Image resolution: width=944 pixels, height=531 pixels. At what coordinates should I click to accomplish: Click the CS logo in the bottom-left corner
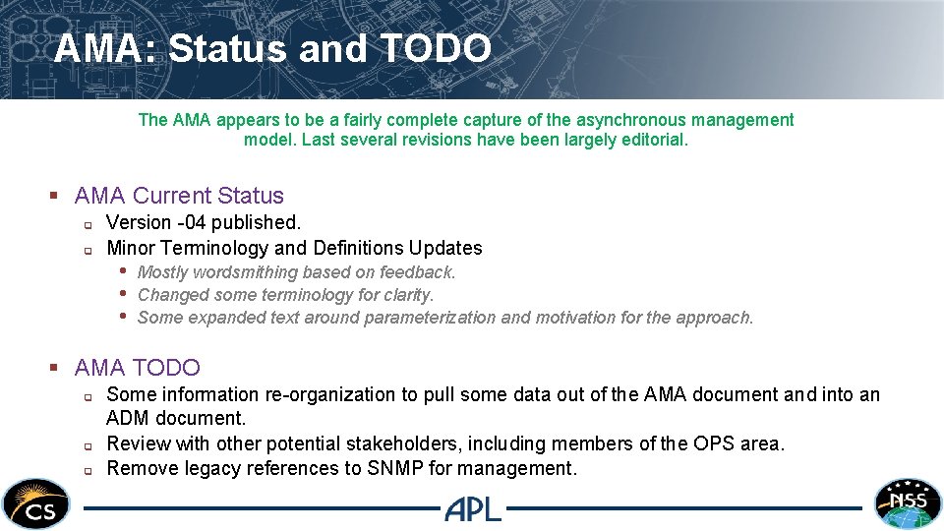click(36, 503)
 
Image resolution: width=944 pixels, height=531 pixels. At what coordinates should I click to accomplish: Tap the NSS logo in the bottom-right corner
click(908, 503)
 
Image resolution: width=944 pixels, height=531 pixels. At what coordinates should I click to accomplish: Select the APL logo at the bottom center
click(473, 508)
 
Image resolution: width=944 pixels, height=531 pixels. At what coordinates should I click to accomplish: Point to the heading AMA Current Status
click(179, 196)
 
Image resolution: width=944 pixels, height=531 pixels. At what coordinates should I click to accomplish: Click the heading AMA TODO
click(137, 368)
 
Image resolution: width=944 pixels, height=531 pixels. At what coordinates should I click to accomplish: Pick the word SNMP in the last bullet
click(394, 468)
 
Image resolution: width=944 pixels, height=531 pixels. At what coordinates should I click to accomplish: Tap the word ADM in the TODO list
click(128, 419)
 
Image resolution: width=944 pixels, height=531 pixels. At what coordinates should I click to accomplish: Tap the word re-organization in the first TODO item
click(331, 394)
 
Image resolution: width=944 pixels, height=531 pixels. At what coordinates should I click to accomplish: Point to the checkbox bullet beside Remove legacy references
click(87, 470)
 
